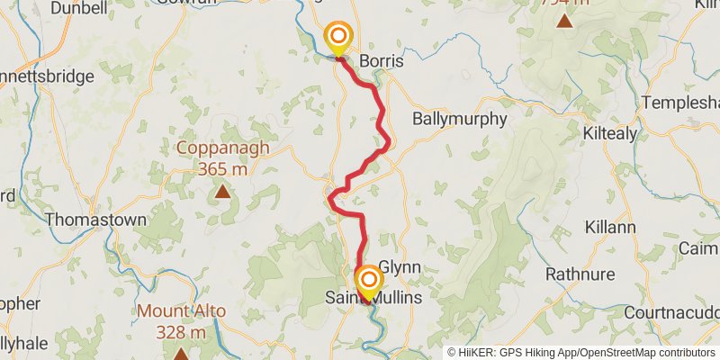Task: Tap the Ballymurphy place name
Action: (x=460, y=119)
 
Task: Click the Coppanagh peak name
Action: (x=222, y=148)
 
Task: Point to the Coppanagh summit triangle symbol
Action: (x=222, y=191)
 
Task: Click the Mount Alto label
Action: (x=181, y=313)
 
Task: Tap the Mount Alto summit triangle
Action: (x=181, y=355)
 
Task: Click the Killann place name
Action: (x=612, y=227)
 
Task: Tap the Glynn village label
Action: (x=400, y=267)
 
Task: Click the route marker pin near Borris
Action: (x=339, y=39)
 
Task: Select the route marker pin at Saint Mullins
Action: (x=368, y=282)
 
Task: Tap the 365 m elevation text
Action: (x=222, y=168)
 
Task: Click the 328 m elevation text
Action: (x=181, y=333)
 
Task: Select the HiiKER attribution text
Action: (x=580, y=353)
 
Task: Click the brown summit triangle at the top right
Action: (x=564, y=21)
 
